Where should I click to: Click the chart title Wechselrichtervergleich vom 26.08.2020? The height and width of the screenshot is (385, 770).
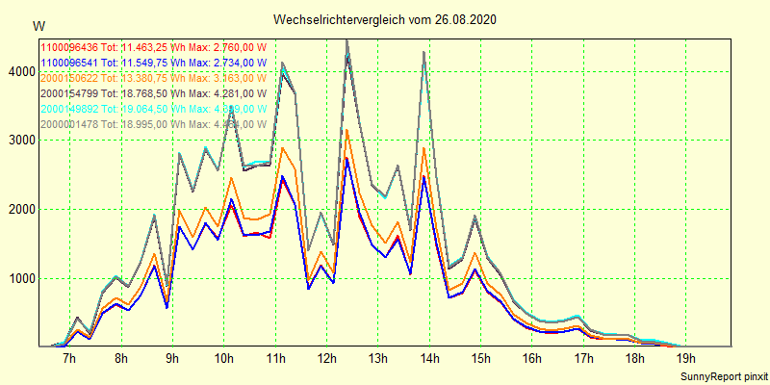tap(385, 19)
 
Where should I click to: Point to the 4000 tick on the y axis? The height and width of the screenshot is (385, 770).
tap(19, 71)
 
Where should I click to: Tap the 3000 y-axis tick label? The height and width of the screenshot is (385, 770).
tap(19, 141)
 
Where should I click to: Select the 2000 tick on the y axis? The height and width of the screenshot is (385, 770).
tap(19, 210)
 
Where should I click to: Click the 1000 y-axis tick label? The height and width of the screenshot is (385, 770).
tap(19, 279)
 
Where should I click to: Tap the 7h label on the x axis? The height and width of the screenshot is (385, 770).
tap(69, 359)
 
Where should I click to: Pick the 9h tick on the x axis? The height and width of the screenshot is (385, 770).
tap(172, 359)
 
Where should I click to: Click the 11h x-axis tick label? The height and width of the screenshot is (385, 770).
tap(275, 359)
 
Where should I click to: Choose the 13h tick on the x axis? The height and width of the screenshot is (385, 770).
tap(378, 359)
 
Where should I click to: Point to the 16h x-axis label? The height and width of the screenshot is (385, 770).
tap(532, 359)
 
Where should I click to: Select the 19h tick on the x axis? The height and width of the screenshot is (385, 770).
tap(686, 359)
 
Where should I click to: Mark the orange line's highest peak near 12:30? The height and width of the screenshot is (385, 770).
tap(347, 130)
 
